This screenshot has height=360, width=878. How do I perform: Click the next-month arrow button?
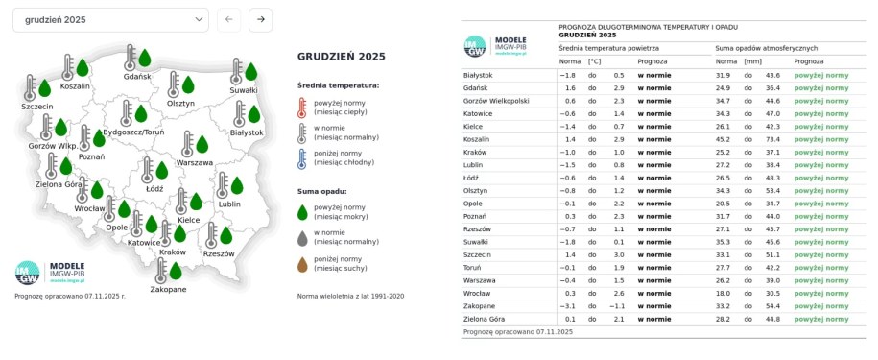[x=260, y=19]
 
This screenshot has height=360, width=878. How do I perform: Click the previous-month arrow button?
[x=228, y=19]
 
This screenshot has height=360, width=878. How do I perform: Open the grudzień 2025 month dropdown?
[x=111, y=19]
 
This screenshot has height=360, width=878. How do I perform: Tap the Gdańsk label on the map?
[x=137, y=76]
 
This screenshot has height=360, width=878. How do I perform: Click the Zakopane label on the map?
[x=168, y=289]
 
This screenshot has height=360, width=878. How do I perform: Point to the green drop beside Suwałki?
[x=251, y=71]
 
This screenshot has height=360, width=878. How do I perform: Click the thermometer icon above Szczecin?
[x=31, y=87]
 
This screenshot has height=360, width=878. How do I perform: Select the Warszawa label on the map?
[x=195, y=162]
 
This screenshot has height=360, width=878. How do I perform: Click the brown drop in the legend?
[x=303, y=264]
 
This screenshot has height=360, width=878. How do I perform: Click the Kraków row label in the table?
[x=474, y=152]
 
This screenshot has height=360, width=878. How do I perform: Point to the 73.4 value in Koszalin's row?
[x=771, y=139]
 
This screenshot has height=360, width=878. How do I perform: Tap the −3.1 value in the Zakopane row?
[x=568, y=305]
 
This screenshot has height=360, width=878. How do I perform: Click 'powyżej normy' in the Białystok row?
[x=821, y=75]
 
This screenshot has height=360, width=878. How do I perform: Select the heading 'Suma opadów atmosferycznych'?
[x=767, y=47]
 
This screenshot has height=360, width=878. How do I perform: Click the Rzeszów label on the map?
[x=219, y=254]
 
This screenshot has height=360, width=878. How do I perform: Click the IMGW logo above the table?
[x=474, y=45]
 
